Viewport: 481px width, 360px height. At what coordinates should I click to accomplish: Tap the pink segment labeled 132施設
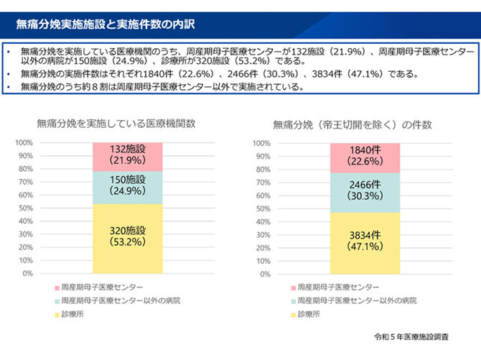128,156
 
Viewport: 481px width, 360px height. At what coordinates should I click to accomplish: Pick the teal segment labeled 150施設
128,187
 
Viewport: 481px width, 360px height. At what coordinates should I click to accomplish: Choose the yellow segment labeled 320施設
128,237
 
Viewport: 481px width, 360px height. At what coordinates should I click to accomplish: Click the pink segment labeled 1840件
365,157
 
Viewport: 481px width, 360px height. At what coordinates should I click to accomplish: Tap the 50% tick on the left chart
26,208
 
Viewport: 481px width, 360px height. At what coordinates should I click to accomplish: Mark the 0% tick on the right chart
265,273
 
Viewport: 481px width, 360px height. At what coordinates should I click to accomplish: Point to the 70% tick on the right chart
263,182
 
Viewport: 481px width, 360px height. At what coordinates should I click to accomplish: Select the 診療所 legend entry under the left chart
73,314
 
